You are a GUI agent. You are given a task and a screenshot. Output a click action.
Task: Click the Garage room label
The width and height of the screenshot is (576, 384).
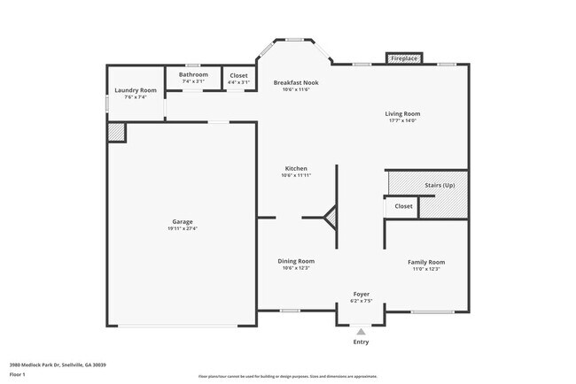[x=182, y=221]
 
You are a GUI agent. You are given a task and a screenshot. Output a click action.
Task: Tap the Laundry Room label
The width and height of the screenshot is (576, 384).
[x=136, y=90]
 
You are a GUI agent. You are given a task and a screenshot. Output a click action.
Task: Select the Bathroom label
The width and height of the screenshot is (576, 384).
[x=193, y=74]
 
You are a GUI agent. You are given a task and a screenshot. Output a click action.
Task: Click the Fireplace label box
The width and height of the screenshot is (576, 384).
[x=403, y=59]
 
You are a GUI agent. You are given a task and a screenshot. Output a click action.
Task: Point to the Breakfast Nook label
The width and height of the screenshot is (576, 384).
[x=295, y=83]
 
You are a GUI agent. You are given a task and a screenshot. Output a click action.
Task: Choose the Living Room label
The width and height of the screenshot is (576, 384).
[x=402, y=113]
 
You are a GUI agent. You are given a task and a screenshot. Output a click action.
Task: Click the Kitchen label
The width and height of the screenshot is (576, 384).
[x=296, y=168]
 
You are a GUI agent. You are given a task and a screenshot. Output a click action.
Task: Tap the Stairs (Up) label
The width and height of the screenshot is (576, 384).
[x=440, y=185]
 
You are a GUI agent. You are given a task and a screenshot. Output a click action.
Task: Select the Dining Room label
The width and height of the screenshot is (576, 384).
[x=296, y=261]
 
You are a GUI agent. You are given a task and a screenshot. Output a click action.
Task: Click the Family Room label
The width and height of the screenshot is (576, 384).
[x=425, y=262]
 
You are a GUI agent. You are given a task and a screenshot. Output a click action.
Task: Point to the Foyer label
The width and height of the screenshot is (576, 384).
[x=362, y=294]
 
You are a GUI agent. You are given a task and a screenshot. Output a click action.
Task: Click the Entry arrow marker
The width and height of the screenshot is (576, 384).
[x=361, y=331]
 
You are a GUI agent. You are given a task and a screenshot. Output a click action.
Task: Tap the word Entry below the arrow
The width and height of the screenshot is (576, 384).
[x=361, y=342]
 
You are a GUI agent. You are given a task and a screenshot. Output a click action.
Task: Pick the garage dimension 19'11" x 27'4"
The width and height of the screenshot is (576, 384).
[x=182, y=228]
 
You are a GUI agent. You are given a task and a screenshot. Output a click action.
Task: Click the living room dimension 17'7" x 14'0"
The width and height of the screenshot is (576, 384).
[x=402, y=120]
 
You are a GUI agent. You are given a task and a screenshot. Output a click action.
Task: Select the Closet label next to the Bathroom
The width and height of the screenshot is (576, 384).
[x=238, y=75]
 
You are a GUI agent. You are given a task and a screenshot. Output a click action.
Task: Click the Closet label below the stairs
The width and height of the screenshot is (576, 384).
[x=403, y=206]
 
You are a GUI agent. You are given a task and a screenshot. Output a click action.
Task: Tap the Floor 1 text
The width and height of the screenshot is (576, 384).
[x=18, y=374]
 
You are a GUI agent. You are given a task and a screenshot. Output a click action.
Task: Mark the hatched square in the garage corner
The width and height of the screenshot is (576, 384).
[x=116, y=132]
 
